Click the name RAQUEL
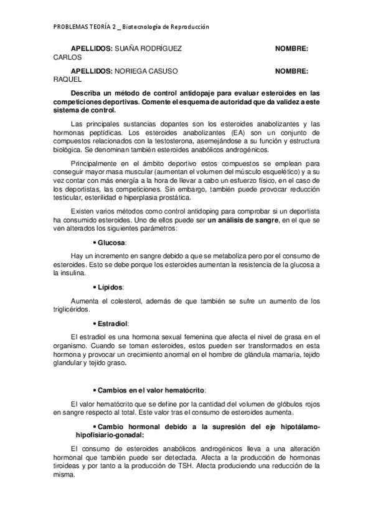click(x=66, y=80)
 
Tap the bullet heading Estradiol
click(x=113, y=324)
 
